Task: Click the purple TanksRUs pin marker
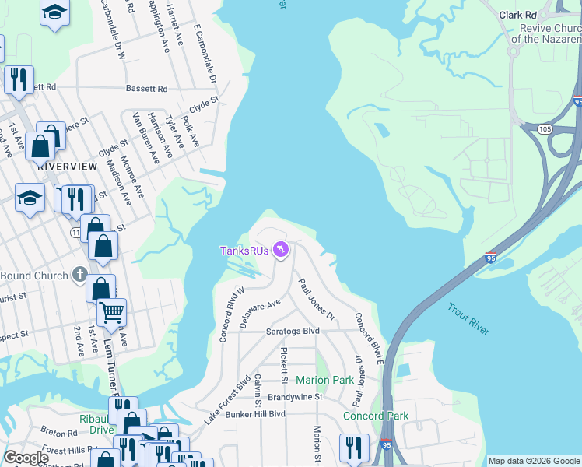[x=280, y=250]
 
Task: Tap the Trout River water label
[x=468, y=319]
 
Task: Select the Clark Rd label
[x=517, y=15]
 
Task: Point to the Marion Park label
[x=324, y=380]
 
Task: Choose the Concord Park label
[x=376, y=416]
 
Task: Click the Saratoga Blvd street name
[x=293, y=331]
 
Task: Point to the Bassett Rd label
[x=146, y=89]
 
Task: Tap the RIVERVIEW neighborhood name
[x=67, y=167]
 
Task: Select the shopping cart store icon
[x=111, y=312]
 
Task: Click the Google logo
[x=26, y=458]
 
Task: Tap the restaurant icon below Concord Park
[x=353, y=447]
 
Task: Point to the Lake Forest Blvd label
[x=228, y=399]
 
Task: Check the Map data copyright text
[x=533, y=461]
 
